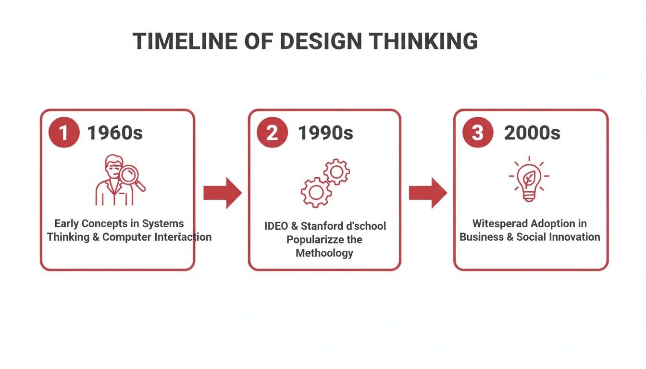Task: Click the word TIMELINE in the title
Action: coord(184,41)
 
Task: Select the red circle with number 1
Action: coord(64,133)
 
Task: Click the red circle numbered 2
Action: coord(272,133)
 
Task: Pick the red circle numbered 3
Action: coord(477,133)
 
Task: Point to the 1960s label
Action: coord(115,133)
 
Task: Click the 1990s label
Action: coord(325,133)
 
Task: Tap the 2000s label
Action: coord(532,133)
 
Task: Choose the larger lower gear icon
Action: coord(316,192)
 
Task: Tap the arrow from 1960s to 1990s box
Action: coord(222,193)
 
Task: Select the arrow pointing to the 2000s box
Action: coord(428,193)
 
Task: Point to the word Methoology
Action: coord(324,253)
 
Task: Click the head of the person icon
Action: coord(113,165)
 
